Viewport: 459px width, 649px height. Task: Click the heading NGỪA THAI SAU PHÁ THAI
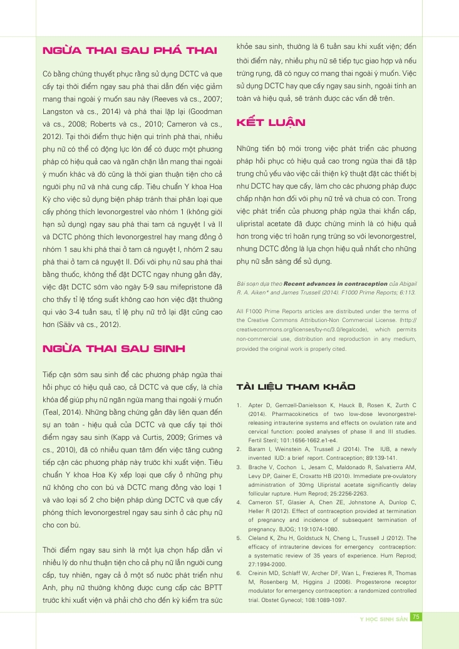click(x=128, y=50)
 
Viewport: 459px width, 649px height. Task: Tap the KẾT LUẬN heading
click(x=271, y=122)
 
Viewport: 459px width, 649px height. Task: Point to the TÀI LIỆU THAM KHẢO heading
click(x=296, y=386)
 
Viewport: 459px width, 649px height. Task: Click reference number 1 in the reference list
click(x=240, y=406)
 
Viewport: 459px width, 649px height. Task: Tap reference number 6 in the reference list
click(x=240, y=573)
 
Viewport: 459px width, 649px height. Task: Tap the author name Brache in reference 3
click(x=259, y=467)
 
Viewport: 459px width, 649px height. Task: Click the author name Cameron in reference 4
click(x=262, y=502)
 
